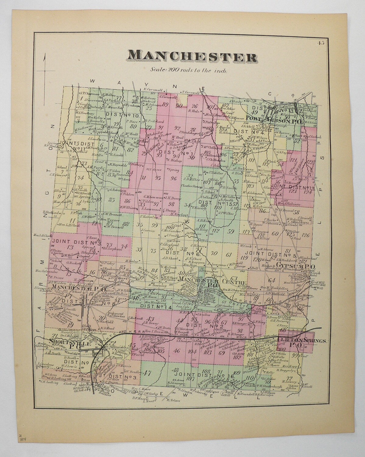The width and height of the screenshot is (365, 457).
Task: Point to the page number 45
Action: coord(320,43)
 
